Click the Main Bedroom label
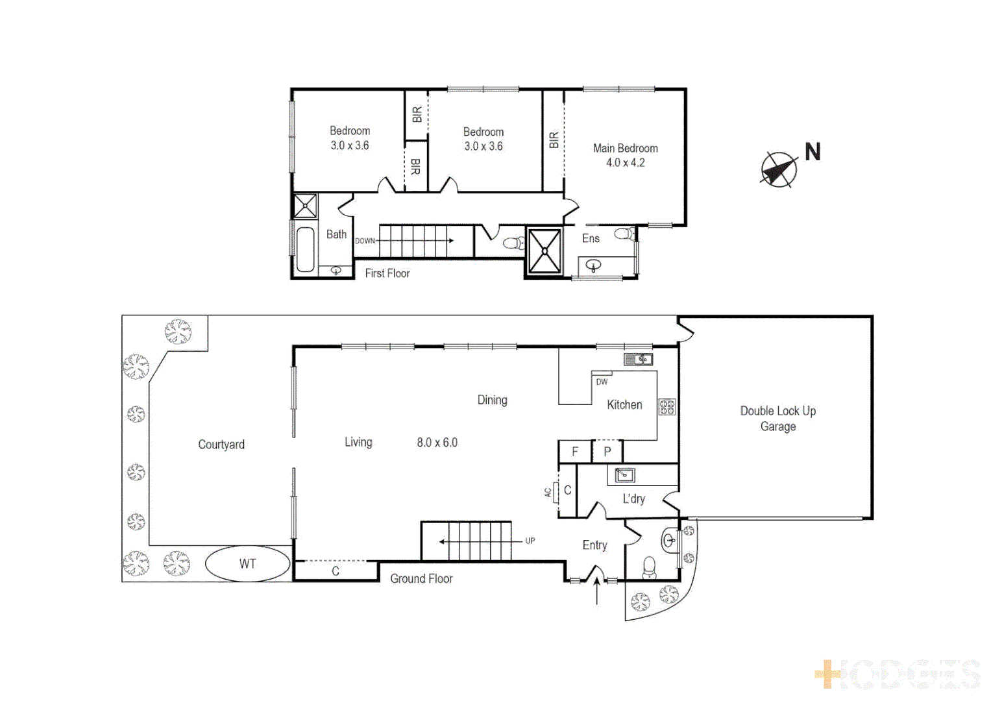tap(625, 148)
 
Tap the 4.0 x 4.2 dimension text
tap(625, 163)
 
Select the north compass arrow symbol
tap(778, 170)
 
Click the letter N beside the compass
tap(813, 152)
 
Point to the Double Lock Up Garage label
tap(777, 419)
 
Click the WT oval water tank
tap(248, 563)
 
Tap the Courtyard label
tap(221, 445)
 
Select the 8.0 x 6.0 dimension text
tap(437, 443)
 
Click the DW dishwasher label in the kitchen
tap(602, 382)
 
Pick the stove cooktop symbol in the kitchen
tap(667, 407)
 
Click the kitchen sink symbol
tap(638, 359)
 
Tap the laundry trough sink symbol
tap(624, 475)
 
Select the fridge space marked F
tap(575, 452)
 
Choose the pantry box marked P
tap(607, 452)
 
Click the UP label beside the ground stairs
tap(530, 541)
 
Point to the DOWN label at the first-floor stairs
tap(365, 241)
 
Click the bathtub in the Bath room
tap(305, 249)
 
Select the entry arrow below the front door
tap(597, 591)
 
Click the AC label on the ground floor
tap(548, 493)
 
